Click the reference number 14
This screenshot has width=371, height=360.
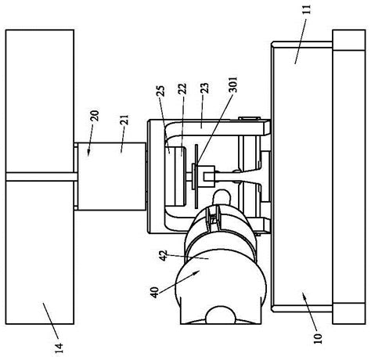tap(59, 347)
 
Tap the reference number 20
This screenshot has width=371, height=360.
tap(95, 116)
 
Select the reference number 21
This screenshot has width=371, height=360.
tap(124, 120)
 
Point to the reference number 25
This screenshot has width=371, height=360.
tap(161, 91)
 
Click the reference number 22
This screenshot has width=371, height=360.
tap(183, 88)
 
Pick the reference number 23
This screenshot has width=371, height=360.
tap(205, 88)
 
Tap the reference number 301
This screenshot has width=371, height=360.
tap(233, 84)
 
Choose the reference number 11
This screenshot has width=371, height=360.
tap(308, 9)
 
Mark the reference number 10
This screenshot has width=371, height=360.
tap(318, 338)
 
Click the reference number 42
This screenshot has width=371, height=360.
tap(163, 256)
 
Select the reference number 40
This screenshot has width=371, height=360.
tap(154, 293)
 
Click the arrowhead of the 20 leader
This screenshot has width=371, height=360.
tap(88, 153)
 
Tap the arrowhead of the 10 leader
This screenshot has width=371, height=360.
tap(304, 295)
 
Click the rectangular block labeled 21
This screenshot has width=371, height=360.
tap(111, 176)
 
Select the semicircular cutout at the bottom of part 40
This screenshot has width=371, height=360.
tap(221, 315)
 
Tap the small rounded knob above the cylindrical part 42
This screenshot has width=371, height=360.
tap(222, 197)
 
